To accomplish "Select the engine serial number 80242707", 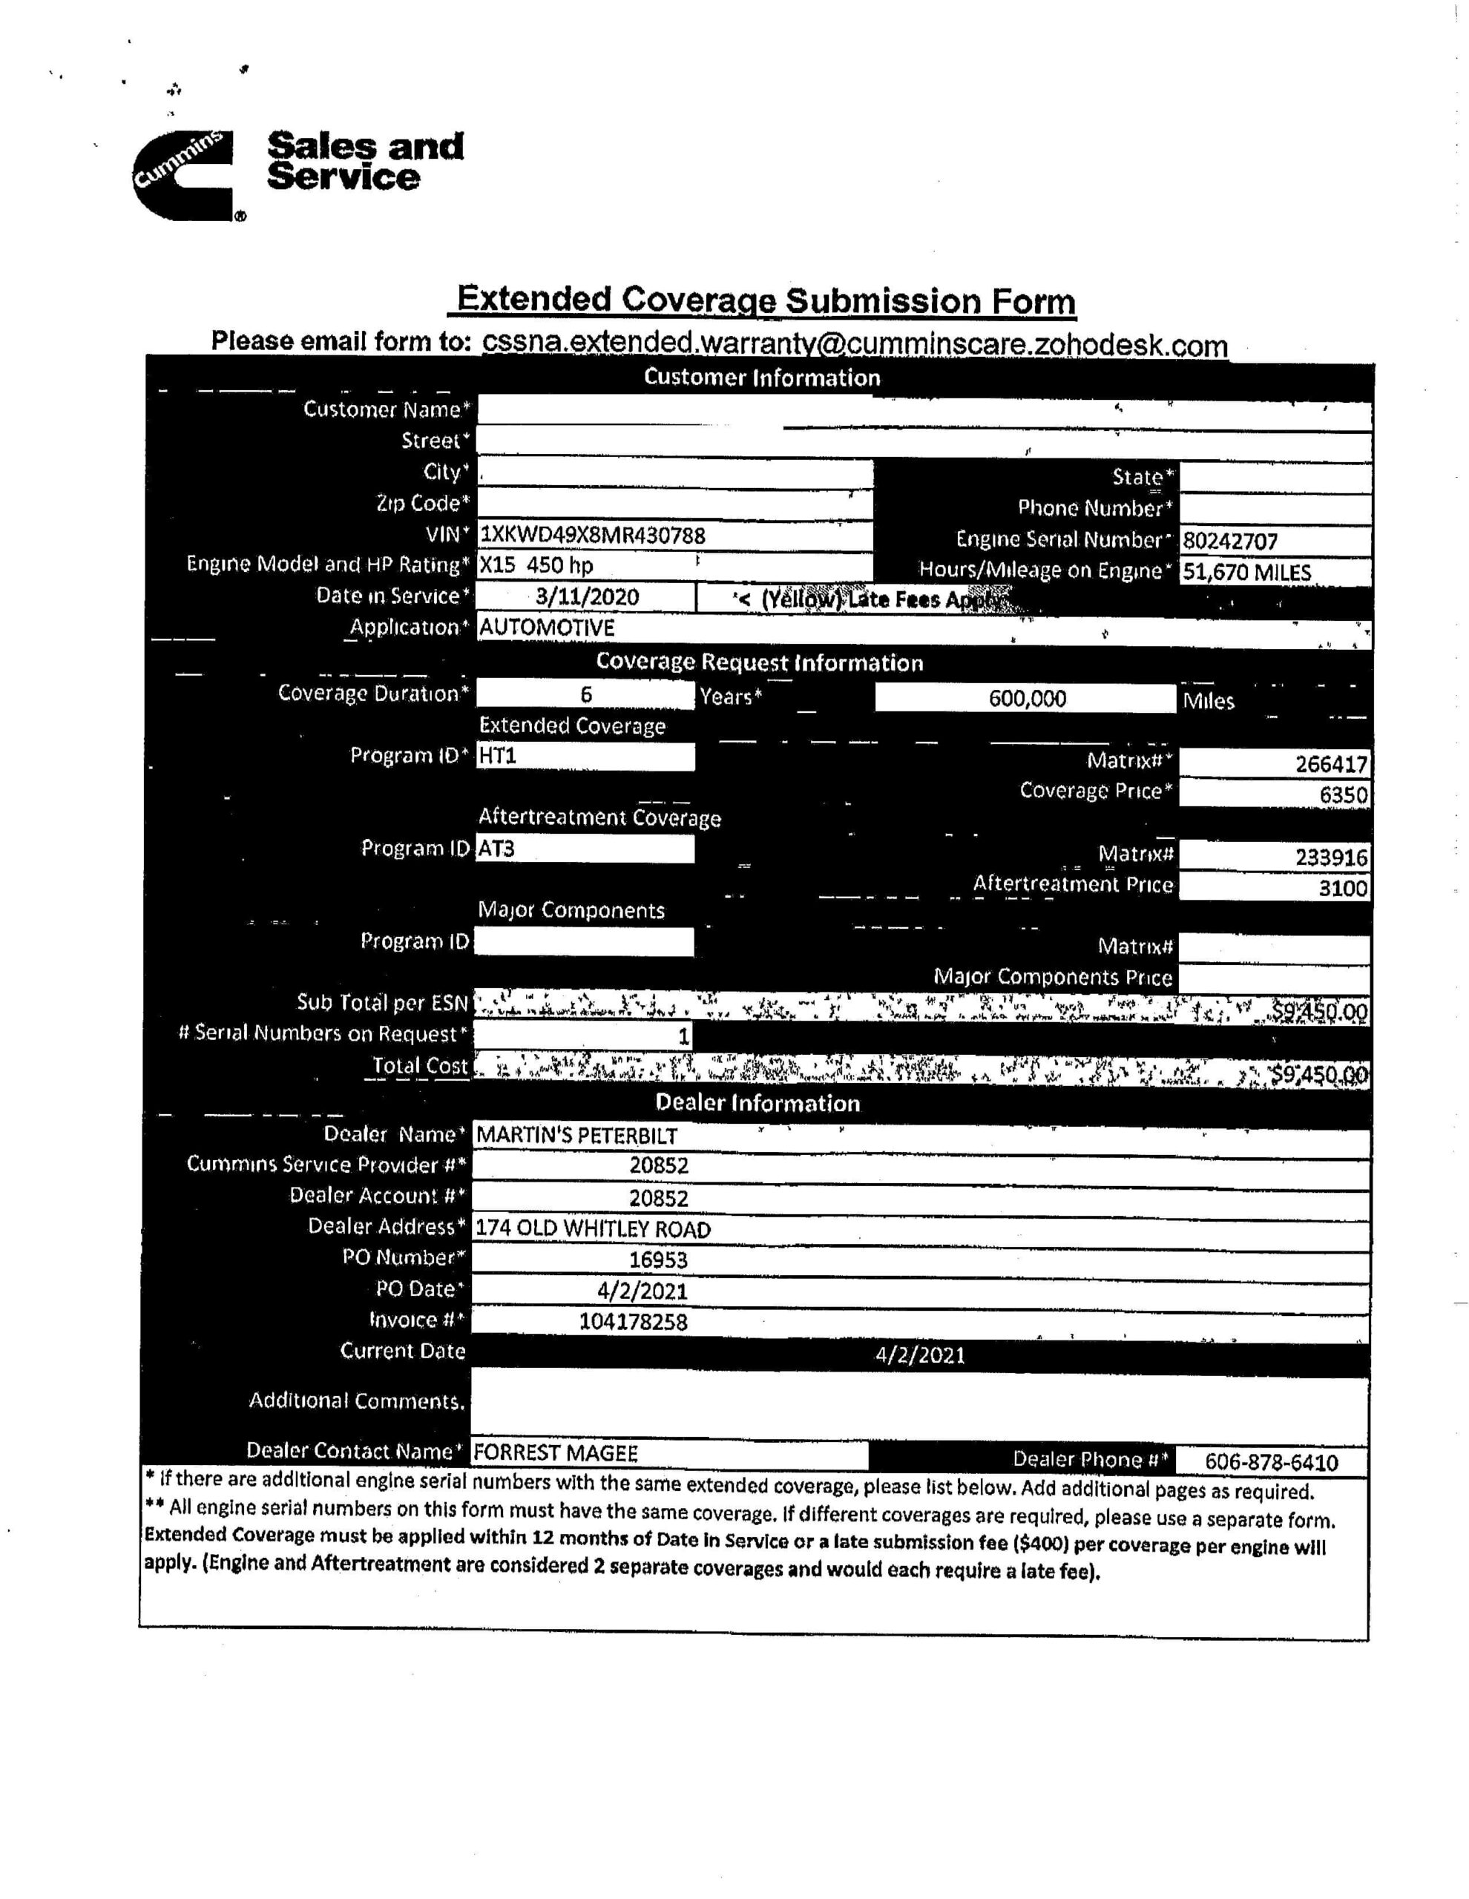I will coord(1230,541).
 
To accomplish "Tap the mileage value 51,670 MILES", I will coord(1246,572).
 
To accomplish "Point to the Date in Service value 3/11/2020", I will coord(587,596).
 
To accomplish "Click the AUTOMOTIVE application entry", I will coord(547,627).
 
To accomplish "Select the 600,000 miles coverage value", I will coord(1026,698).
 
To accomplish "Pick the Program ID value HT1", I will coord(499,756).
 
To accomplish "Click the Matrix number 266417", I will coord(1331,764).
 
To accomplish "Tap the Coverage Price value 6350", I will coord(1343,794).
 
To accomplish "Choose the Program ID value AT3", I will coord(496,848).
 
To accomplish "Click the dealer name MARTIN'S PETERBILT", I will coord(576,1136).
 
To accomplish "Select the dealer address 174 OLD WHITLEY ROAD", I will coord(594,1228).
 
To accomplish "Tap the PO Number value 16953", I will coord(658,1260).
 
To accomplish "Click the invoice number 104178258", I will coord(633,1322).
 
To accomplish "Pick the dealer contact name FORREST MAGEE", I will coord(556,1453).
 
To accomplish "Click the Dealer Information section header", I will coord(757,1102).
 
